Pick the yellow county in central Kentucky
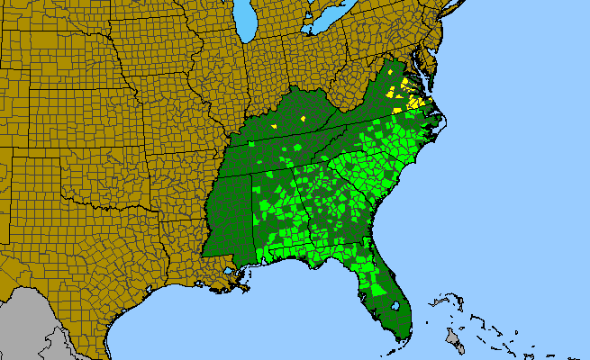pyautogui.click(x=304, y=118)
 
